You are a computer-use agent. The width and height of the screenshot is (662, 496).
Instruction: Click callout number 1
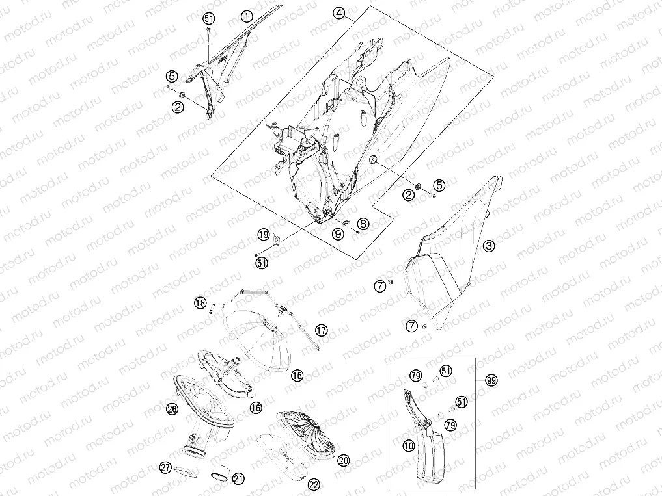pyautogui.click(x=247, y=16)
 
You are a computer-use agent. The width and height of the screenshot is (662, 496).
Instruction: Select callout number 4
pyautogui.click(x=338, y=13)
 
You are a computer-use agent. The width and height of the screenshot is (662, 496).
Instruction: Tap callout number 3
pyautogui.click(x=489, y=246)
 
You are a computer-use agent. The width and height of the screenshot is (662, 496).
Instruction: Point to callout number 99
pyautogui.click(x=491, y=380)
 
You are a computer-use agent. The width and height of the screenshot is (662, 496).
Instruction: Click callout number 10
pyautogui.click(x=409, y=445)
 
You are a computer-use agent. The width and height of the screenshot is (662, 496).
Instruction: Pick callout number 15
pyautogui.click(x=297, y=375)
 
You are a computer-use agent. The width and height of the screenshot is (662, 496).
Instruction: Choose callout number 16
pyautogui.click(x=256, y=408)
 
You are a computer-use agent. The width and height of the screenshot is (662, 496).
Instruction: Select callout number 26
pyautogui.click(x=172, y=408)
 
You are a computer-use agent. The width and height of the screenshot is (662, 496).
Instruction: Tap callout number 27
pyautogui.click(x=165, y=467)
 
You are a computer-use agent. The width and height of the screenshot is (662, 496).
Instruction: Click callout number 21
pyautogui.click(x=238, y=478)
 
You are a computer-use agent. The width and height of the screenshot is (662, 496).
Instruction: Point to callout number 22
pyautogui.click(x=314, y=485)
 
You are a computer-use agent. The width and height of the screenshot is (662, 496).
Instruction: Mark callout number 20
pyautogui.click(x=344, y=460)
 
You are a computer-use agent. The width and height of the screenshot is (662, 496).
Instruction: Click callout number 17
pyautogui.click(x=322, y=330)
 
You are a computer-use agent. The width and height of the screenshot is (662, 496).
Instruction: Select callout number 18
pyautogui.click(x=200, y=302)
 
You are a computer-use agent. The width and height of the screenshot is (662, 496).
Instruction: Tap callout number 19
pyautogui.click(x=264, y=235)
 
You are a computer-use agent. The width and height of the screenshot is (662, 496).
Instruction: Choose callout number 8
pyautogui.click(x=363, y=224)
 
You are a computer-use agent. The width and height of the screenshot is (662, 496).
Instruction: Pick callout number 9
pyautogui.click(x=338, y=234)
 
